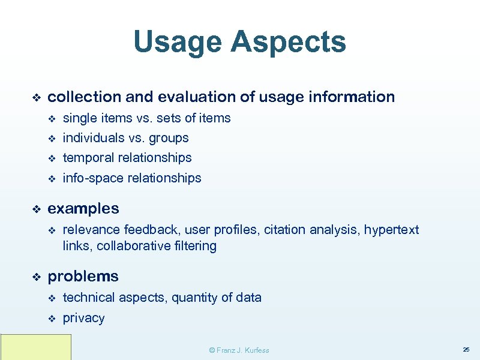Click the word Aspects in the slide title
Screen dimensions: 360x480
point(289,43)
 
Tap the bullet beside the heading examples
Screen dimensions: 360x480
point(35,209)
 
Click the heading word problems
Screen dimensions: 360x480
point(83,277)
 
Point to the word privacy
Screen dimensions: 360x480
point(83,318)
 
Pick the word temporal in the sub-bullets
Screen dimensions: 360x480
point(89,158)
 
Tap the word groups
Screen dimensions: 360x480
point(169,137)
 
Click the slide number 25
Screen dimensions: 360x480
point(466,349)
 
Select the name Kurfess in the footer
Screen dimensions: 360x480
point(256,350)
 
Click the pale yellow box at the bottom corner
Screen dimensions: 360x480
point(35,347)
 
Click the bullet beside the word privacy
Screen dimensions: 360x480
point(51,318)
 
